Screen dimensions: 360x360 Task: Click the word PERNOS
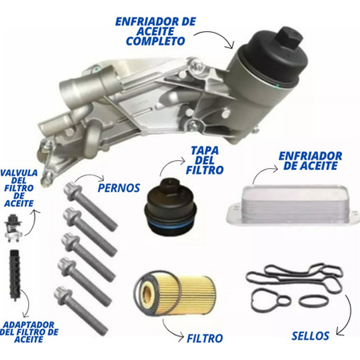(x=118, y=188)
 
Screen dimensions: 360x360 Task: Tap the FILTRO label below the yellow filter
(x=205, y=338)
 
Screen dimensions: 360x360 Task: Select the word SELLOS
(x=310, y=336)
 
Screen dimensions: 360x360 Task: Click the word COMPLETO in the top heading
(x=155, y=41)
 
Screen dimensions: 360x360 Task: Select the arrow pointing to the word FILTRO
(x=172, y=330)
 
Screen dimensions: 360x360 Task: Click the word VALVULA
(x=19, y=173)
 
